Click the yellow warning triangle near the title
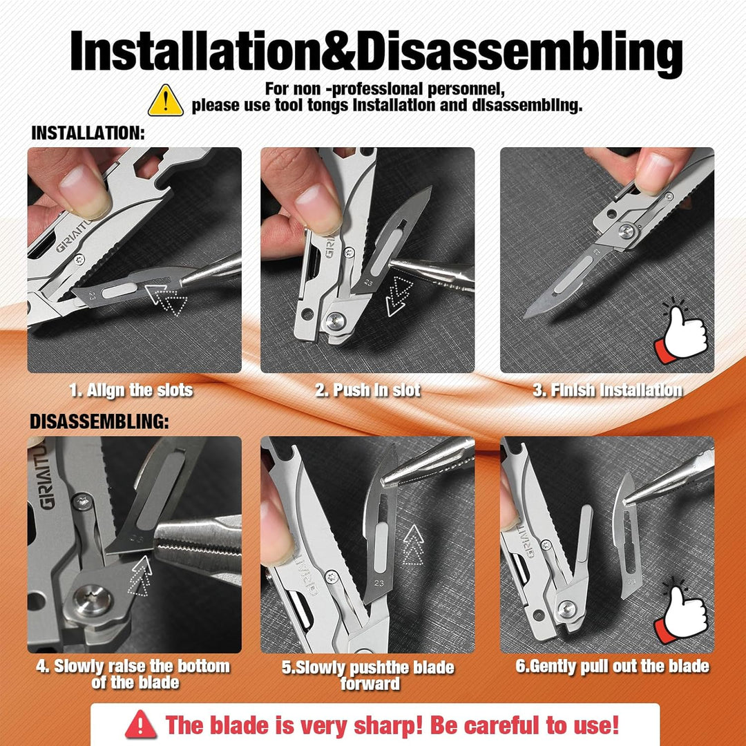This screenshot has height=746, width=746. [x=166, y=102]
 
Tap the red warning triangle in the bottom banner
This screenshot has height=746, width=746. [x=141, y=725]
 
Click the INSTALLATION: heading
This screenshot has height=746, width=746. [x=88, y=133]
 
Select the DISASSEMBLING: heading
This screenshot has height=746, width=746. [x=99, y=422]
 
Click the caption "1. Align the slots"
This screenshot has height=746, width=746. [x=131, y=390]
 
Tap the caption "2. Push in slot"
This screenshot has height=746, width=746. [x=367, y=390]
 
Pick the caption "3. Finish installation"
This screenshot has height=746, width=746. [x=607, y=390]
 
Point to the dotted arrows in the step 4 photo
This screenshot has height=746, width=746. [x=140, y=577]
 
